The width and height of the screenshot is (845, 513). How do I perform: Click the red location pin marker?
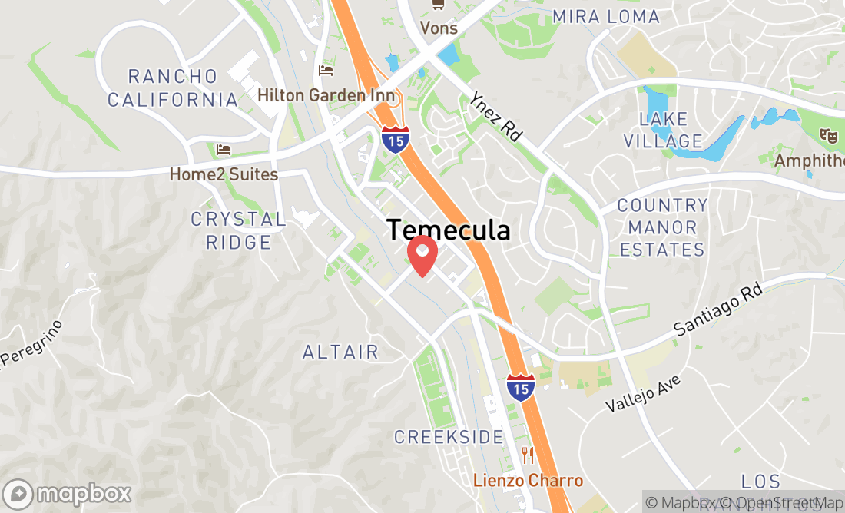[x=422, y=254]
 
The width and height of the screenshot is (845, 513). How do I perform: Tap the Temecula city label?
[x=448, y=229]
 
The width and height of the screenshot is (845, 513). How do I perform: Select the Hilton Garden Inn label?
[x=327, y=95]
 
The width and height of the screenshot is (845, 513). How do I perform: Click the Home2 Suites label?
[x=224, y=174]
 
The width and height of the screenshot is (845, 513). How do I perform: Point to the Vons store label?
[x=439, y=28]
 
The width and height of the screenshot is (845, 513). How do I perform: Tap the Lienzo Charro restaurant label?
[x=527, y=481]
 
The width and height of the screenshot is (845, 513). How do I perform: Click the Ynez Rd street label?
[x=495, y=115]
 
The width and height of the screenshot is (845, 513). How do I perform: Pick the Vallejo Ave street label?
[x=643, y=393]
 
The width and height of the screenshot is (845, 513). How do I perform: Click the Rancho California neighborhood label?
[x=173, y=88]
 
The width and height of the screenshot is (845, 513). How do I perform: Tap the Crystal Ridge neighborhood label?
[x=238, y=230]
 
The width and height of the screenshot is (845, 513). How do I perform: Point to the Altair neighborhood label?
[x=340, y=352]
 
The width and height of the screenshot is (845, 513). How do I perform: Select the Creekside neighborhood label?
[x=449, y=437]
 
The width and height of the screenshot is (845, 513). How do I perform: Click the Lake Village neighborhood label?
[x=663, y=130]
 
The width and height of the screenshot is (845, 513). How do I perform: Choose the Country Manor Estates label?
[x=662, y=227]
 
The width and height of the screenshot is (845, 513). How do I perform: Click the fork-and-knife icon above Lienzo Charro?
[x=527, y=455]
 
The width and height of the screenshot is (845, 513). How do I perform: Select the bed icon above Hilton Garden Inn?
[x=326, y=71]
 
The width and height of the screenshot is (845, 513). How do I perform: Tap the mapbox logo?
[x=68, y=493]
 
